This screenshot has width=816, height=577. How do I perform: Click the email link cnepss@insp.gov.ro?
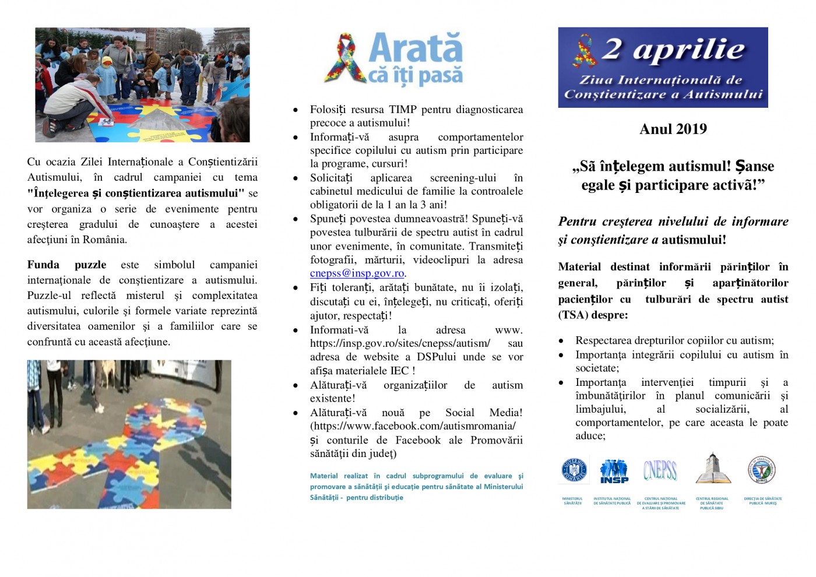357,273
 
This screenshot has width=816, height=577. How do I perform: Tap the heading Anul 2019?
673,129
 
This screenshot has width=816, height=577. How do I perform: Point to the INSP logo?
614,471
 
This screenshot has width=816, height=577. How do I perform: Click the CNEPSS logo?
660,470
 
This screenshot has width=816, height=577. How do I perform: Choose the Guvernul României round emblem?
574,470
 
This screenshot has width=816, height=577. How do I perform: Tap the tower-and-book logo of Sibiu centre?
711,469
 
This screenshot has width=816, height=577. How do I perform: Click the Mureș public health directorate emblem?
761,470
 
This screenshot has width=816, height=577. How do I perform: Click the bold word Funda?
43,265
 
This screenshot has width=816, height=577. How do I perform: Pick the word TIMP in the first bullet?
403,110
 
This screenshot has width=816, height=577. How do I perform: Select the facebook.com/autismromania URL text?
413,426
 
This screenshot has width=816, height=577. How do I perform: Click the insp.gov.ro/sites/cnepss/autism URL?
400,343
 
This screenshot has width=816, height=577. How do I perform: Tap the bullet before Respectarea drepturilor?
561,341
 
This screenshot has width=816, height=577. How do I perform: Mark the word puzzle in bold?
90,265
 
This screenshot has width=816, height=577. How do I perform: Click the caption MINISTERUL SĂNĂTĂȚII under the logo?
572,501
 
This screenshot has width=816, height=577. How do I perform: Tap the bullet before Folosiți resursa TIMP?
296,110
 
